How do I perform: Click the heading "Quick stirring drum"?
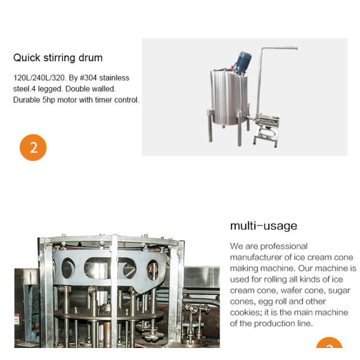pos(58,58)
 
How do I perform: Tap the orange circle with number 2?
pos(33,148)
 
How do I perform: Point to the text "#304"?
pos(88,78)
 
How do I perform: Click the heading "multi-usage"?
pos(263,226)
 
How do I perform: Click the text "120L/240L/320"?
pos(39,78)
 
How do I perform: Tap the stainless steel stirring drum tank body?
pos(229,97)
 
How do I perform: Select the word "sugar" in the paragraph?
pos(339,291)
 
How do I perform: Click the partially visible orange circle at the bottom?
pos(329,343)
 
